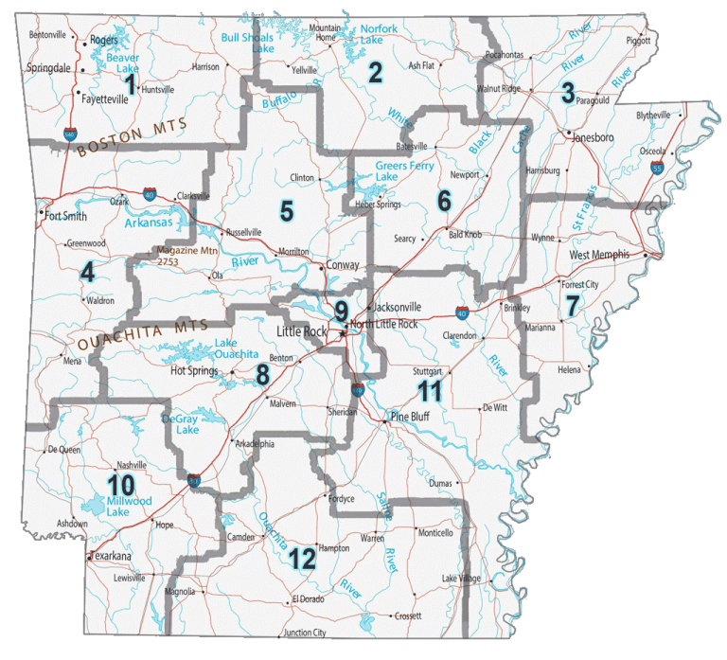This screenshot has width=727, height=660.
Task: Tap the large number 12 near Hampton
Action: pos(302,559)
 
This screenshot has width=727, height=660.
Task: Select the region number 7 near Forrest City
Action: pos(572,306)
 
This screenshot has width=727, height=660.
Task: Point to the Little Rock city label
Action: pos(301,331)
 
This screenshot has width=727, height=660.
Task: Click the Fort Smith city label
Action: pos(66,215)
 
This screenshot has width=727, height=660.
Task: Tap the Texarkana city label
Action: pos(111,556)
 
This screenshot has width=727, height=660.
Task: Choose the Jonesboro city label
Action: pos(594,137)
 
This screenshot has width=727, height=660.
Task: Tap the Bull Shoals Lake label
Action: pos(247,43)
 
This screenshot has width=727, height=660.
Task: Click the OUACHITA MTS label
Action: pos(135,334)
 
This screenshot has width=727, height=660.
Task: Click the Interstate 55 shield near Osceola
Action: pos(657,168)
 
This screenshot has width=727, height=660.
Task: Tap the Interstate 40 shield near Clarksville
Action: pos(151,193)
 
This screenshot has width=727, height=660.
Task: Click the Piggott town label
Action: pos(639,41)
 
